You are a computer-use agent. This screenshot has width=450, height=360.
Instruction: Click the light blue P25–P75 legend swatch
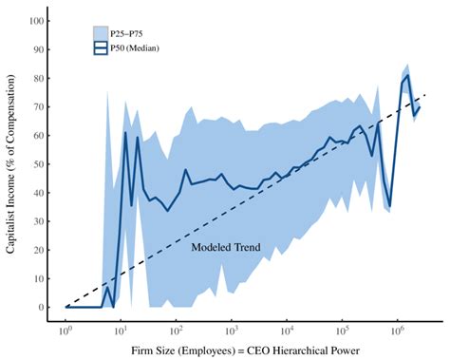(100, 33)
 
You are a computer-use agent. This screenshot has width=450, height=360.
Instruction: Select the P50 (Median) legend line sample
(100, 46)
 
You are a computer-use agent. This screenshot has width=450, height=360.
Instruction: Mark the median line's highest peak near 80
(407, 77)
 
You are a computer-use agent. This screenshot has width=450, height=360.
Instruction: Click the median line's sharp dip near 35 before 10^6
(389, 205)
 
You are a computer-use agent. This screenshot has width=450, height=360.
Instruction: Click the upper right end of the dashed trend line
(426, 95)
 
